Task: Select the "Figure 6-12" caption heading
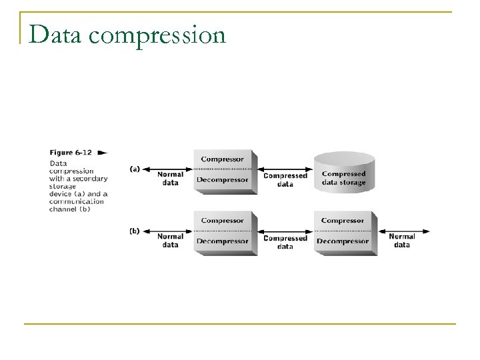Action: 71,152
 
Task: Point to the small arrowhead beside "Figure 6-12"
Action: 102,152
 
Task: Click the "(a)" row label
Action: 134,169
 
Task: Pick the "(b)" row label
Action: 134,231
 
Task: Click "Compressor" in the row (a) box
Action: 222,159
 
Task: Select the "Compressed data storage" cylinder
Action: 343,172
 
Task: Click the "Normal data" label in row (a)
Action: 170,179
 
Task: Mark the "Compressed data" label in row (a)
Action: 285,179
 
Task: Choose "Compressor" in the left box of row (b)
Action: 222,221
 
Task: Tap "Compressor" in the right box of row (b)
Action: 342,221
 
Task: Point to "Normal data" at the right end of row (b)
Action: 401,241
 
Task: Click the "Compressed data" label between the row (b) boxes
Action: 285,241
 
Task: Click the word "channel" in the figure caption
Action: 63,209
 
